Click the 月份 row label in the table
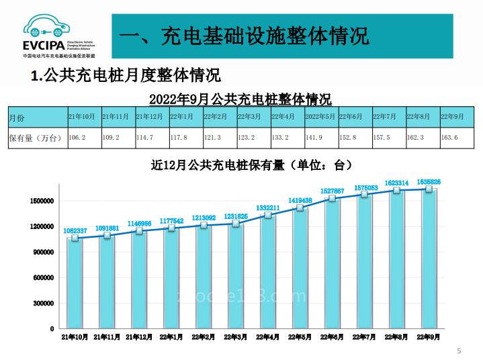click(x=17, y=117)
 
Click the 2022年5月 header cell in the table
click(x=320, y=117)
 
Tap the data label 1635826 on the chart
click(x=429, y=182)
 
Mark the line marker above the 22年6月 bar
click(x=332, y=198)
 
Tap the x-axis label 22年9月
click(x=429, y=337)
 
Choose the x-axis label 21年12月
click(x=139, y=337)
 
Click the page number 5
click(x=459, y=351)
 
